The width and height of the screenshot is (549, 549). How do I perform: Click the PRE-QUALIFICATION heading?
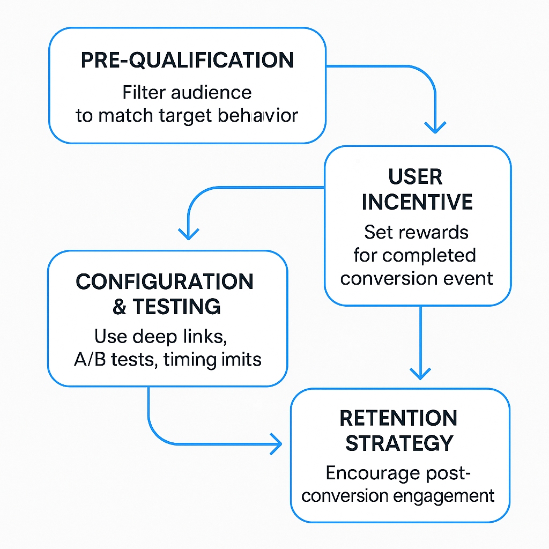[187, 60]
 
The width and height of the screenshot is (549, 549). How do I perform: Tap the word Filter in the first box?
[144, 92]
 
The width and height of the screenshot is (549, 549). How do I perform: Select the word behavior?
[258, 115]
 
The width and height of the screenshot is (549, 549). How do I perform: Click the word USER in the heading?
[416, 176]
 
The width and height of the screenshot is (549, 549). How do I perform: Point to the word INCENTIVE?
[417, 202]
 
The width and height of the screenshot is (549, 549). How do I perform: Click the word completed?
[429, 255]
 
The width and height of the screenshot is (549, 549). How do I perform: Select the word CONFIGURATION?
[165, 281]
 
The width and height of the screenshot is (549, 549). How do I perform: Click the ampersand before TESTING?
[120, 307]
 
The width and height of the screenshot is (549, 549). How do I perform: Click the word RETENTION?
[398, 418]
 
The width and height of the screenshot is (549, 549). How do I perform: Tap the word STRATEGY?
[399, 443]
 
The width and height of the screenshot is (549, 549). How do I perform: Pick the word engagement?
[443, 496]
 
